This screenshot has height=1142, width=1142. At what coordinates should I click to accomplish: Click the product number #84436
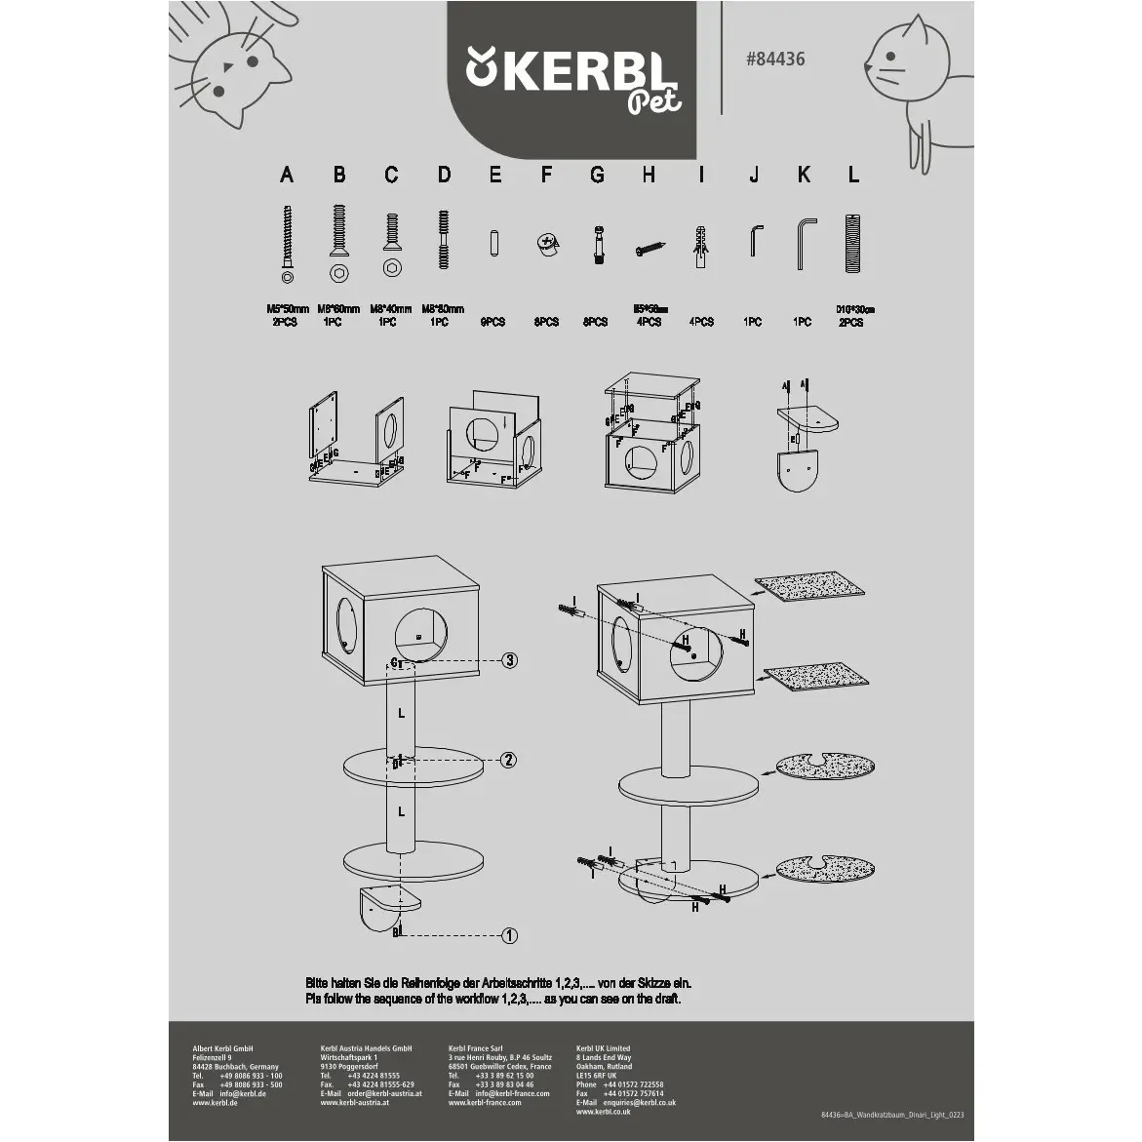(775, 59)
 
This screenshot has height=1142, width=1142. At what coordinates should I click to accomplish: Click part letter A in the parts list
(286, 176)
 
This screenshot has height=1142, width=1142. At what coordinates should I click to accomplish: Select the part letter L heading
(853, 176)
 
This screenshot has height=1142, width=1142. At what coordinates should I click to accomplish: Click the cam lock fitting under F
(546, 246)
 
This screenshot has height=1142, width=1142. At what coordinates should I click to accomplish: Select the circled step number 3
(509, 660)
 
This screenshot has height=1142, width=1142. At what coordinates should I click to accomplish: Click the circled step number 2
(508, 760)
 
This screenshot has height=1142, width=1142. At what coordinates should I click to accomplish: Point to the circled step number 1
(508, 936)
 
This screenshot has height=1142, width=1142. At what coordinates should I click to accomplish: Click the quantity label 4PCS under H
(649, 322)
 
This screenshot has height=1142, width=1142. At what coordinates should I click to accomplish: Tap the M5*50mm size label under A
(287, 309)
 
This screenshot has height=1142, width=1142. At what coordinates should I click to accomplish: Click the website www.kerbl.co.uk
(603, 1111)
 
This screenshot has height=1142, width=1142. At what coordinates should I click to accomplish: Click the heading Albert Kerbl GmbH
(223, 1049)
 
